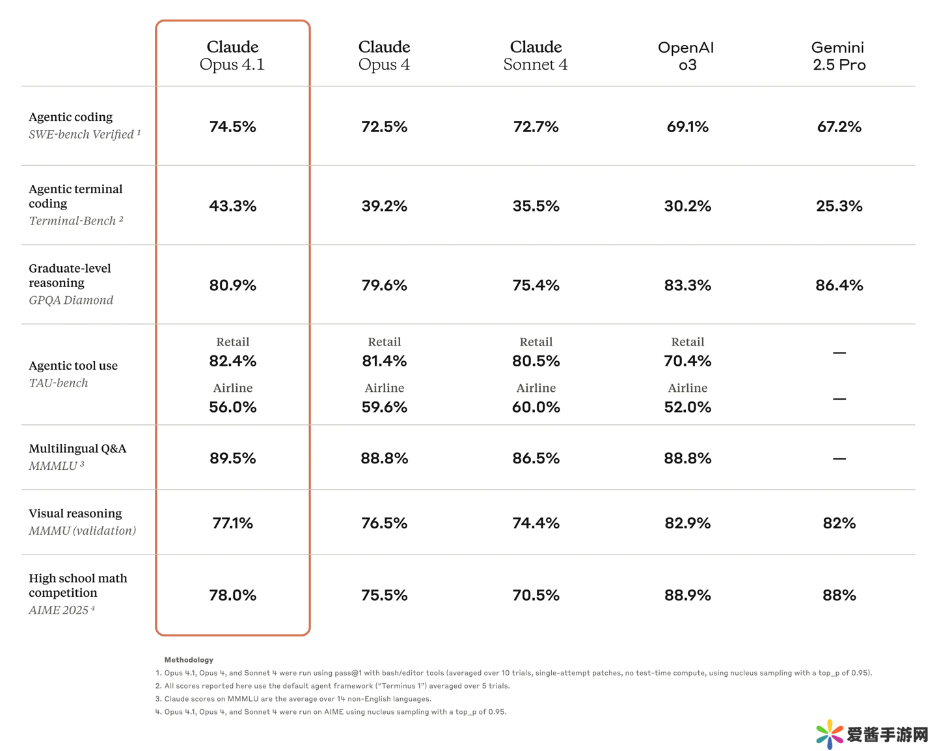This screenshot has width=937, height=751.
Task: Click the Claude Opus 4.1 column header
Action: [232, 55]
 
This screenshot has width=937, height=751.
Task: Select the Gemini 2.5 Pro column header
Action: [839, 56]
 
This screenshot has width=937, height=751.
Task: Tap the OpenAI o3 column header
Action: [686, 56]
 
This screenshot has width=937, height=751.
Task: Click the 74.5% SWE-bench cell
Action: [232, 127]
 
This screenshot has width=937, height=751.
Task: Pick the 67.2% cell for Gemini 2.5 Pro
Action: [839, 127]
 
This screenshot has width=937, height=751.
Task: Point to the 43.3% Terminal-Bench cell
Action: [232, 206]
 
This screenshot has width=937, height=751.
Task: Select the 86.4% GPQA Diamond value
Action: [839, 286]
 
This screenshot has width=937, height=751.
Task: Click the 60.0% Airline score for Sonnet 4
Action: [536, 407]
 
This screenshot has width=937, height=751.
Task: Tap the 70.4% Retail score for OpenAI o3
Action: [687, 361]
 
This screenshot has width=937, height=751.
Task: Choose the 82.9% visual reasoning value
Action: [687, 523]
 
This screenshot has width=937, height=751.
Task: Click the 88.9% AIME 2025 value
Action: [687, 595]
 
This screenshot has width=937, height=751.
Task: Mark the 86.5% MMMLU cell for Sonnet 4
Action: [536, 459]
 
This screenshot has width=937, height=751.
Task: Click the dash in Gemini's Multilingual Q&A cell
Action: [839, 459]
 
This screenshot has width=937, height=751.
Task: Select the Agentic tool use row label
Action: [73, 366]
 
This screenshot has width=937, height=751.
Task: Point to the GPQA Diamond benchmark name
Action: [71, 300]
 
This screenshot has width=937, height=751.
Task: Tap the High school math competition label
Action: [77, 585]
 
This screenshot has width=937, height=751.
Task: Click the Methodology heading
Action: [189, 660]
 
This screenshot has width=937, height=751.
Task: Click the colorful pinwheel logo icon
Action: [829, 734]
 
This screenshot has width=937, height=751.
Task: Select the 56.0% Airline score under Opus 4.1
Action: [232, 407]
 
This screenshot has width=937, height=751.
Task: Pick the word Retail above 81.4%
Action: [384, 342]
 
